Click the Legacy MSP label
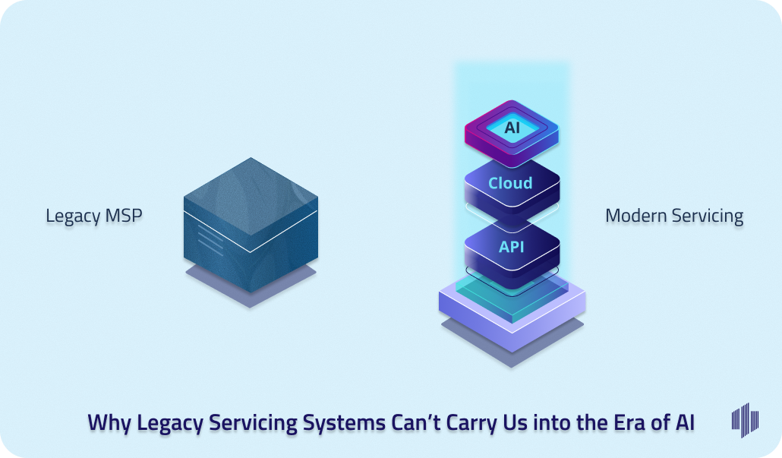pos(93,216)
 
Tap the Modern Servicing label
pos(674,216)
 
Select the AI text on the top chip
pos(512,127)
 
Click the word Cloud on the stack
pos(510,183)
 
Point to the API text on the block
pos(511,247)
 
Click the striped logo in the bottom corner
pos(745,420)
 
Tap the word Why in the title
pos(109,423)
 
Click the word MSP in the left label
pos(122,216)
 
